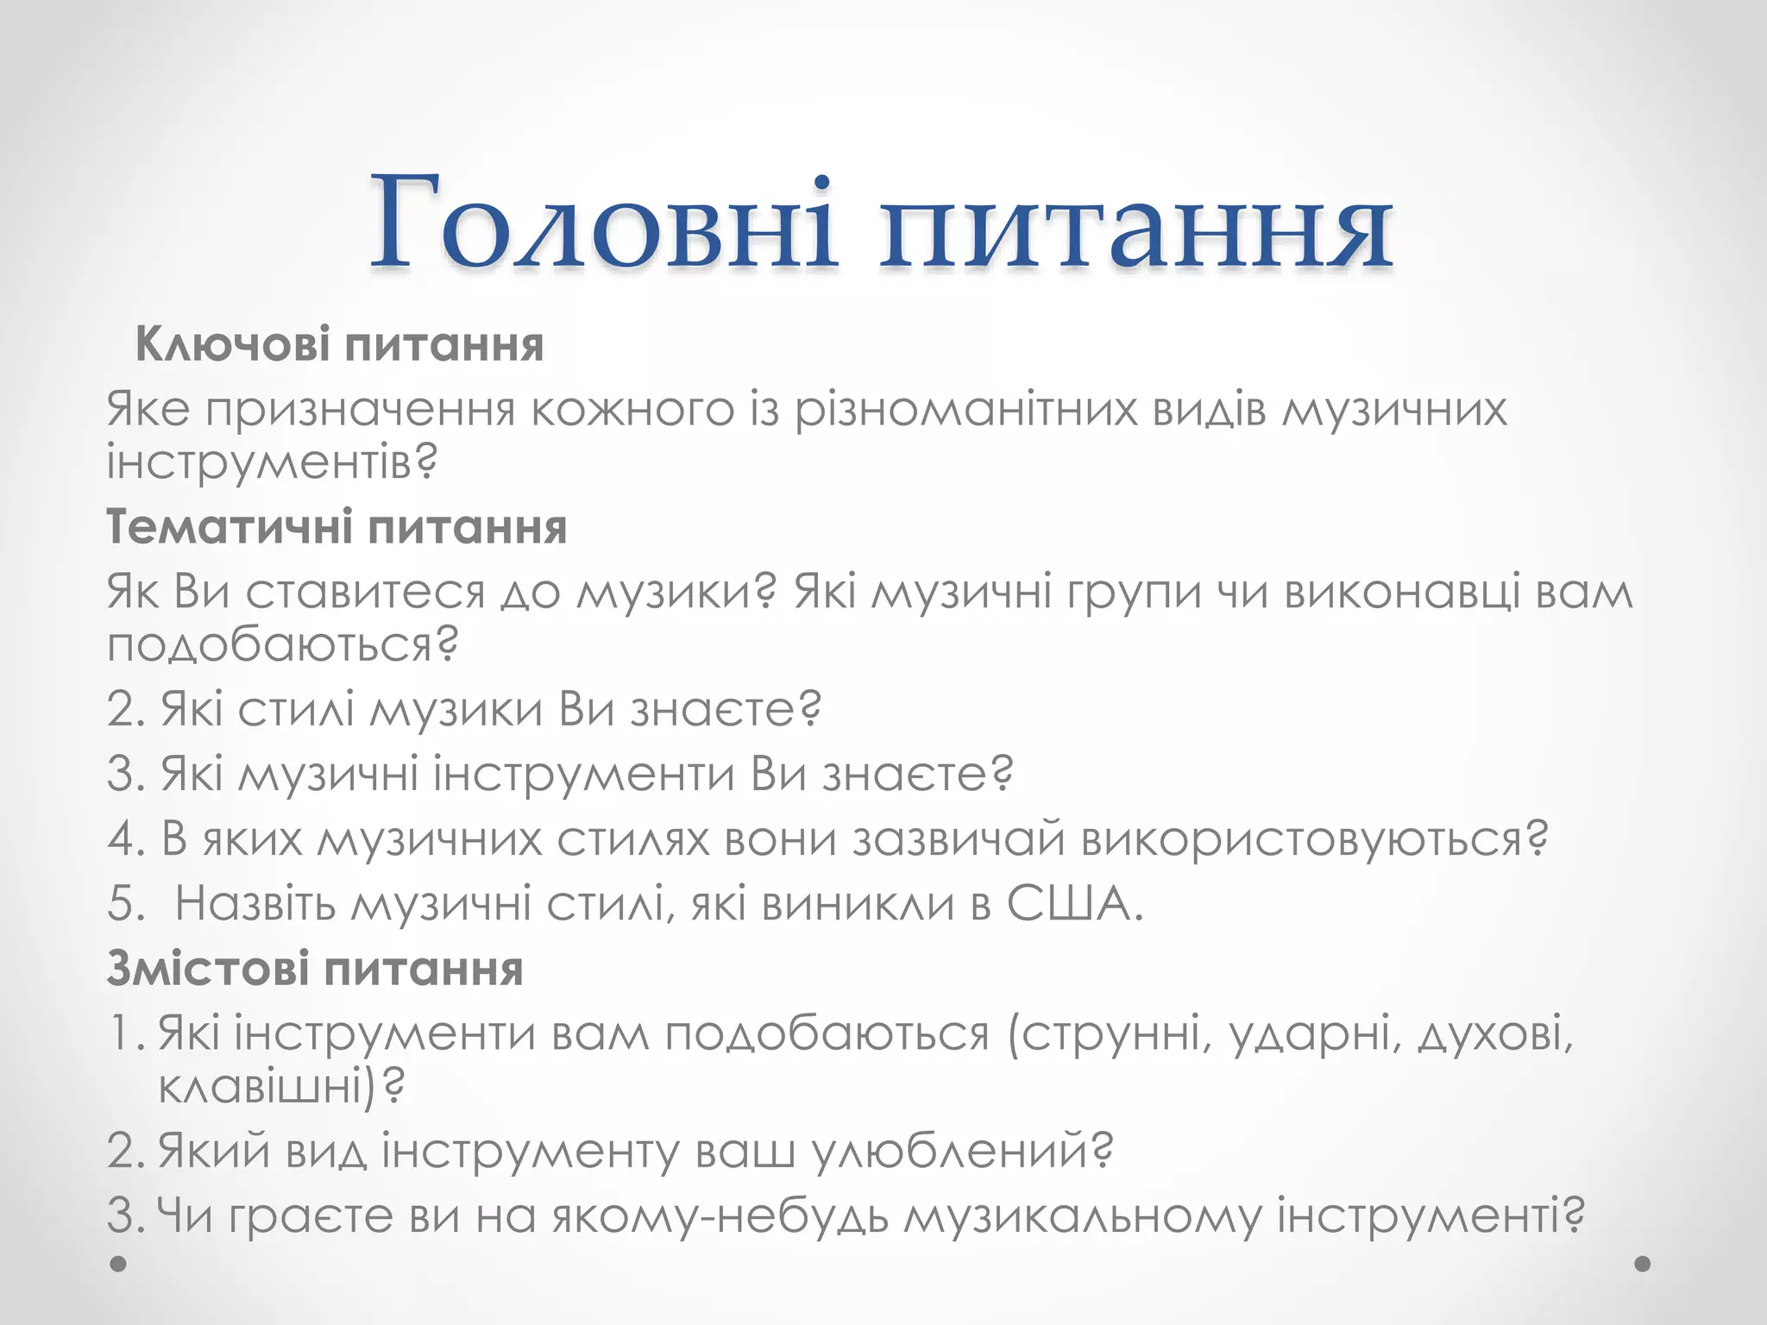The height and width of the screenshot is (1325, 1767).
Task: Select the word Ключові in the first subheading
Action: [x=232, y=345]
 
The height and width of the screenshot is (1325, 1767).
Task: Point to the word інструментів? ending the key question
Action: [x=272, y=462]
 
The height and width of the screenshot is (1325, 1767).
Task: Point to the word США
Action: [x=1075, y=904]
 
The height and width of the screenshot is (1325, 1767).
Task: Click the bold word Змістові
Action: [x=207, y=969]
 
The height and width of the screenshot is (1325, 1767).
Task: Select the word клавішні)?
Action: [x=281, y=1085]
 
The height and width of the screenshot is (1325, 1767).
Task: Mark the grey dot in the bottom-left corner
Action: [x=119, y=1264]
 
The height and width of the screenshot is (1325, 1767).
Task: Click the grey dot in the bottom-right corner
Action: [x=1643, y=1264]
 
